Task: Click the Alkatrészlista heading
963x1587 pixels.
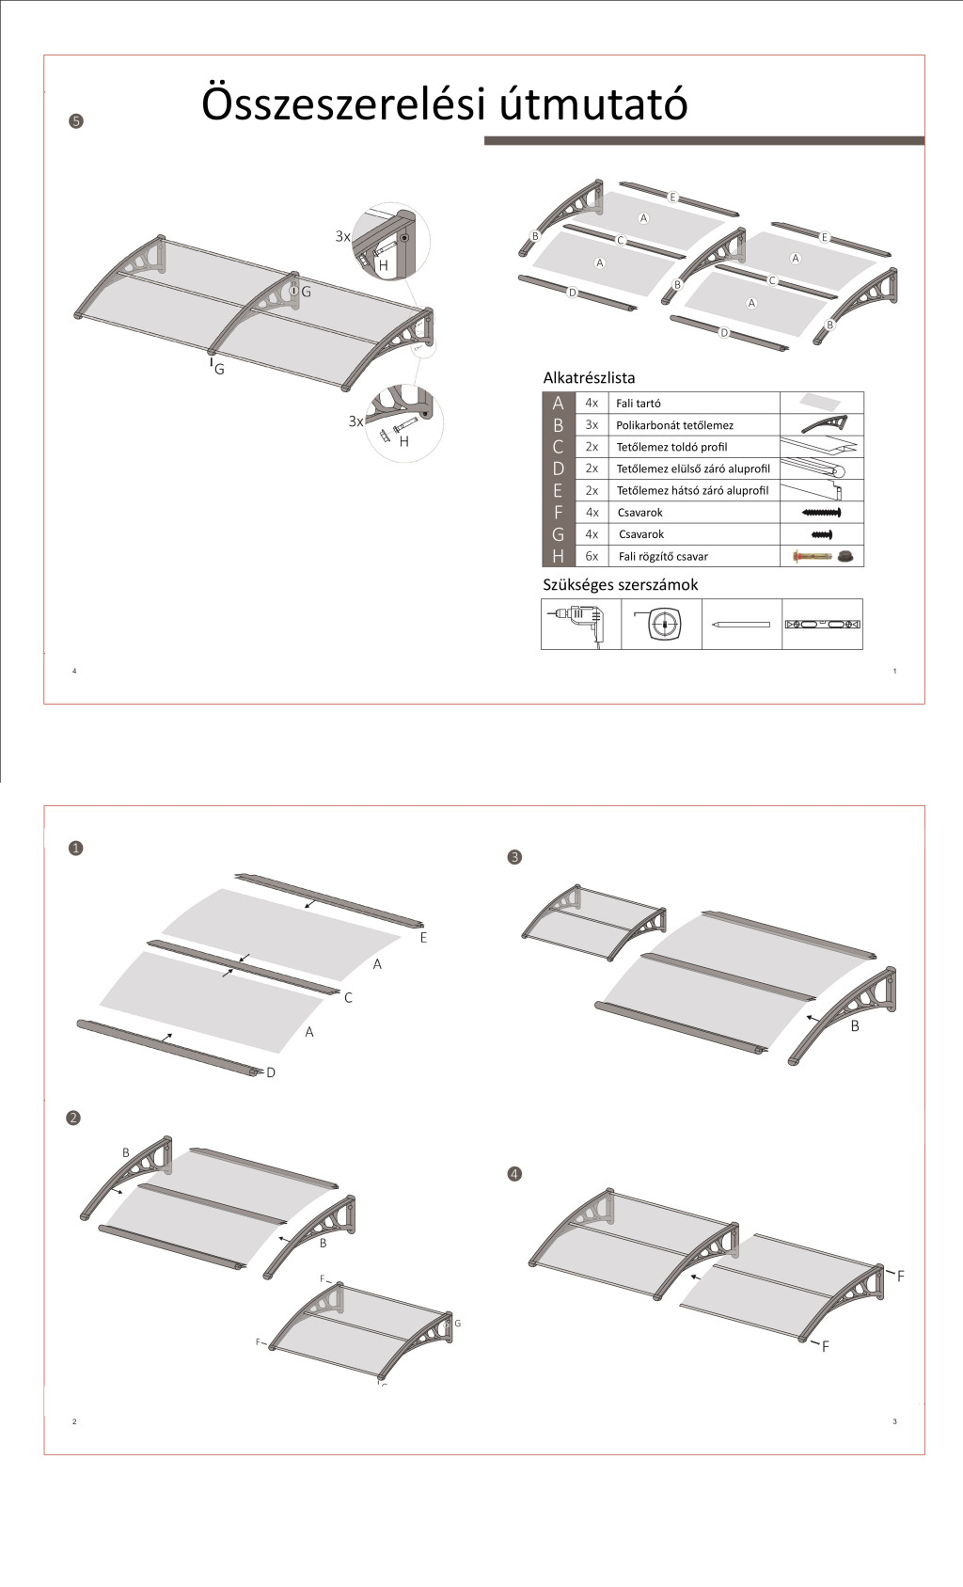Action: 589,378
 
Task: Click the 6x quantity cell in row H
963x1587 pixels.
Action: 592,556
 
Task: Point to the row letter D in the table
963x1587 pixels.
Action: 558,468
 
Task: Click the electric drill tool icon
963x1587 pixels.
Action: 580,624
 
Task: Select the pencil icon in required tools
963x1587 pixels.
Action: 741,624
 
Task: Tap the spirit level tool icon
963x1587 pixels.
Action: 822,624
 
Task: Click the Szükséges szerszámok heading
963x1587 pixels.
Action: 620,585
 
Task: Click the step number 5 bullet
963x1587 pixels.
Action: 76,120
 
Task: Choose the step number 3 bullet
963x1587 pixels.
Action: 513,857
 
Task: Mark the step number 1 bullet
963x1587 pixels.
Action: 76,848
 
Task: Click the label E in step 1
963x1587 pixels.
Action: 423,938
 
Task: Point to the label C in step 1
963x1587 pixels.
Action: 348,997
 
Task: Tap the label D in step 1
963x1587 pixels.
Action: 271,1072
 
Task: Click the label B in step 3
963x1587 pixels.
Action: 855,1026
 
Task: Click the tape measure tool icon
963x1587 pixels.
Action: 662,624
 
